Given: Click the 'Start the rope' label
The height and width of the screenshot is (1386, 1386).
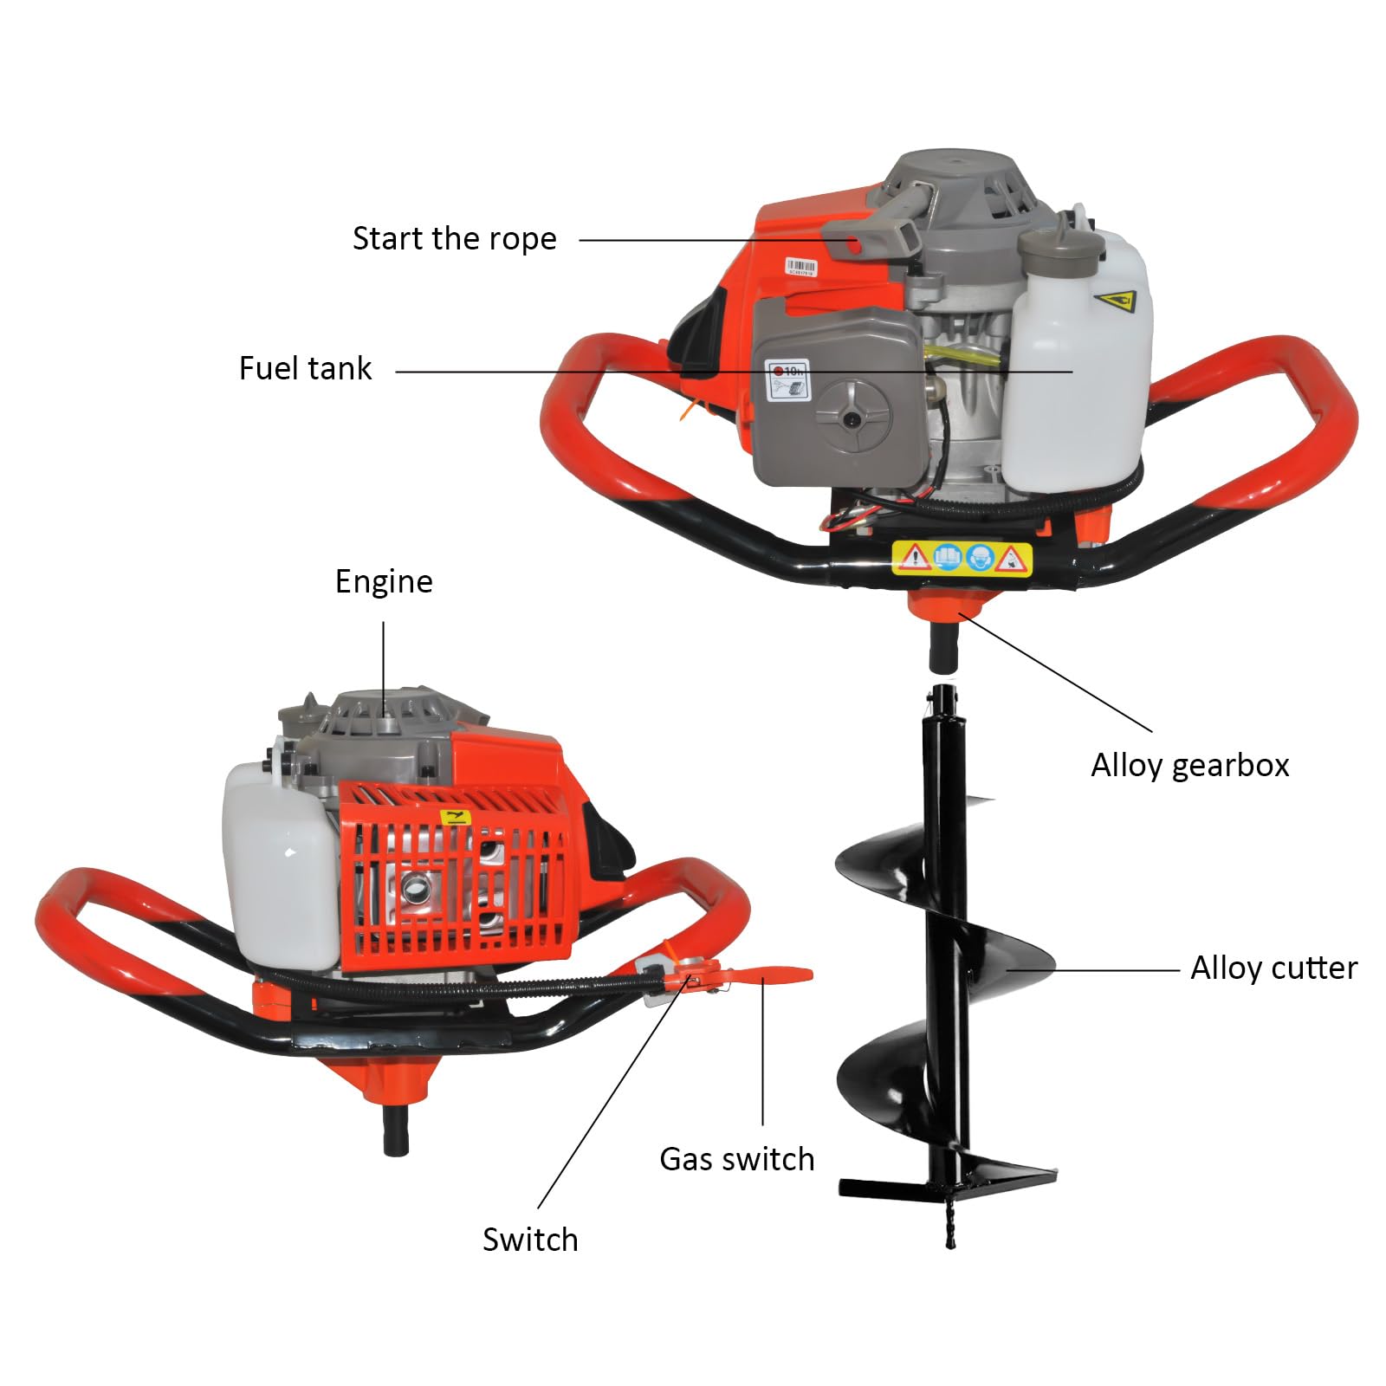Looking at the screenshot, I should pos(454,239).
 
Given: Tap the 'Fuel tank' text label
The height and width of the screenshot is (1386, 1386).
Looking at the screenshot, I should pos(305,368).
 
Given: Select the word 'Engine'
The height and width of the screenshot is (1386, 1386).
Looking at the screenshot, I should pos(384,581).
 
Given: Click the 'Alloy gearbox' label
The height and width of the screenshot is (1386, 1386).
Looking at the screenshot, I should pos(1189,766).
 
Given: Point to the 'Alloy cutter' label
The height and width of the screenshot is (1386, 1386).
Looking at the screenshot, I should pos(1273,968).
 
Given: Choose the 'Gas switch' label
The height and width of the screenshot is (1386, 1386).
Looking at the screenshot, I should pos(736,1159).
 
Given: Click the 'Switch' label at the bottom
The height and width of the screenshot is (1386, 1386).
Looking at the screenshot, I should pos(530,1240).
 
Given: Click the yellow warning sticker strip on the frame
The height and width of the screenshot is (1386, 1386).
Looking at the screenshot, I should pos(962,558).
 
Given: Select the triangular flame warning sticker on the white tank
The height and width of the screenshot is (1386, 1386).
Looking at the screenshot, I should pos(1117,302).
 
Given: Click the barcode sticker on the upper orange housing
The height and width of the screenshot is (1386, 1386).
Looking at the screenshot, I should pos(800,267).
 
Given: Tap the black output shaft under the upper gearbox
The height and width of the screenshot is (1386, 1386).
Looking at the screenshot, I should pos(944,648).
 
